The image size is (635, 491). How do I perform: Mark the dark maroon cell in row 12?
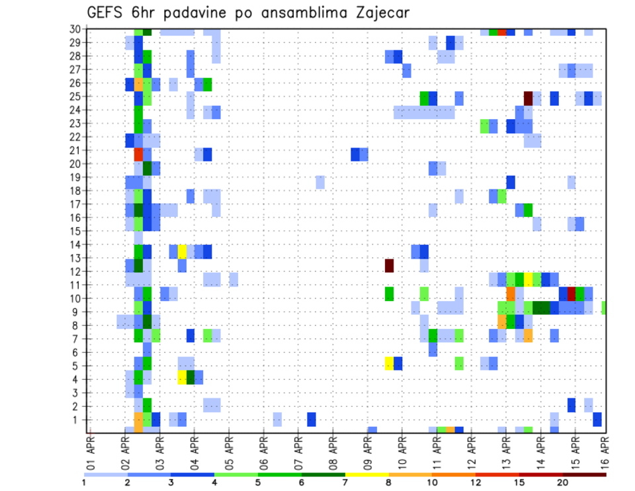click(390, 265)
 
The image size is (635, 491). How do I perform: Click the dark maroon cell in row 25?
click(528, 97)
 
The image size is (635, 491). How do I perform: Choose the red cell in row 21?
click(138, 154)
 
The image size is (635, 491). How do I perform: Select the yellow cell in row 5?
click(390, 363)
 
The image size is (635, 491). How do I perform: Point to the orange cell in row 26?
click(138, 85)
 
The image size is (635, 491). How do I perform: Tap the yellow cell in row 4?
click(182, 377)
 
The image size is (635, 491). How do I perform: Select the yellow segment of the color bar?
click(367, 474)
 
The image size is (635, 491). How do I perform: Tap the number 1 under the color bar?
click(84, 482)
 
